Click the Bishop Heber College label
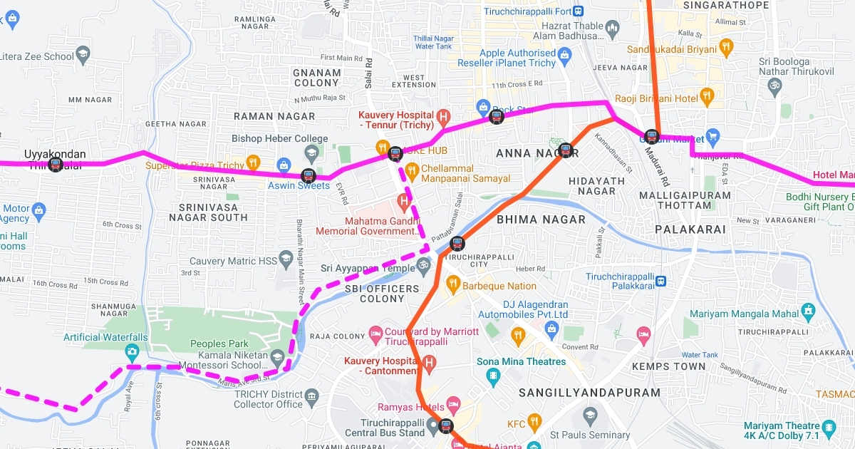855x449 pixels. (x=279, y=138)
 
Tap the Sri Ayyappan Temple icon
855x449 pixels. (x=424, y=267)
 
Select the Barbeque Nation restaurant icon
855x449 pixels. (x=452, y=286)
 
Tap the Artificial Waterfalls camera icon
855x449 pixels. (x=131, y=351)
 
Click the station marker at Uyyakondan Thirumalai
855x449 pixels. (x=55, y=165)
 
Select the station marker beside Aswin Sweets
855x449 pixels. (x=308, y=175)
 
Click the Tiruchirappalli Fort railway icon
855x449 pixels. (x=577, y=11)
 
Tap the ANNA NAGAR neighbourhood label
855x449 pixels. (x=528, y=153)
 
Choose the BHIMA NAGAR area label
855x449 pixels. (x=541, y=220)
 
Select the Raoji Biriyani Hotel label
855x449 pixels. (x=656, y=98)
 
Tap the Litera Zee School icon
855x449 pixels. (x=83, y=56)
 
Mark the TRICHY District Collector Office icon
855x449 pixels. (x=311, y=396)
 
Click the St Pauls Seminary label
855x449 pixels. (x=590, y=435)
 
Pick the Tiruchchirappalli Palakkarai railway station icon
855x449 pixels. (x=660, y=281)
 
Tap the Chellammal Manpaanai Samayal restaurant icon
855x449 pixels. (x=411, y=170)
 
